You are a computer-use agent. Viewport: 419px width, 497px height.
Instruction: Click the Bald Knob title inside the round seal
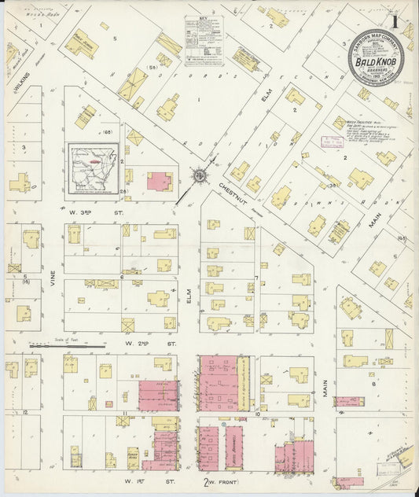point(377,59)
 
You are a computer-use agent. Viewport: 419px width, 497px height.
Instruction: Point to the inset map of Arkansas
point(92,168)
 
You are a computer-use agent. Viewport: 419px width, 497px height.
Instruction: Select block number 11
point(124,412)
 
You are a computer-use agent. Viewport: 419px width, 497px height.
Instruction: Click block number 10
point(257,346)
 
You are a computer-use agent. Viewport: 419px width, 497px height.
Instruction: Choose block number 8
point(374,385)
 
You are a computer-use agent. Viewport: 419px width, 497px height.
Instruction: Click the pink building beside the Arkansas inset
point(160,182)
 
